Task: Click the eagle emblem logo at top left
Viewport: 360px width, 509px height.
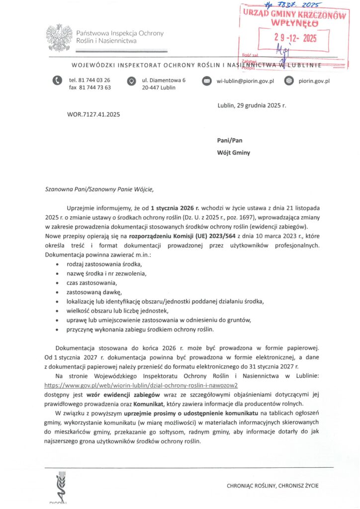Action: [59, 38]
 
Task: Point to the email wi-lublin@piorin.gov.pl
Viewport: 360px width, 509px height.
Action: [245, 81]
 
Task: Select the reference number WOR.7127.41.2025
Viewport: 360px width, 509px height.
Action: [93, 115]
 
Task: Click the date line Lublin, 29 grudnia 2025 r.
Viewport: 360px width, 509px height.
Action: [252, 105]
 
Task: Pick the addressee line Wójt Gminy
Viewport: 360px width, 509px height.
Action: [234, 153]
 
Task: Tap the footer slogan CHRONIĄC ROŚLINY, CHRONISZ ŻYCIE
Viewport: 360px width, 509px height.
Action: [273, 485]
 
